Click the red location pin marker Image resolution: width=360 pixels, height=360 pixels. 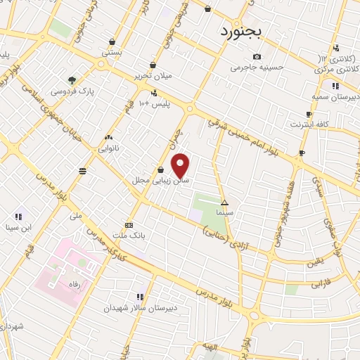[x=181, y=166]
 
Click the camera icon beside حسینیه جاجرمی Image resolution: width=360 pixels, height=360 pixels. [x=257, y=56]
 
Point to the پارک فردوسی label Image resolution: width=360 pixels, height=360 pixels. [x=72, y=91]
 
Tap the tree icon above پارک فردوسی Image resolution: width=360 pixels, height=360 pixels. [x=72, y=79]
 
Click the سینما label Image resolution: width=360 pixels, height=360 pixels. [x=225, y=212]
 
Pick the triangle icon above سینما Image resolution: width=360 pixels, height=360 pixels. [x=225, y=202]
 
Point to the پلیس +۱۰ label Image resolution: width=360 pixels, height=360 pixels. [x=153, y=104]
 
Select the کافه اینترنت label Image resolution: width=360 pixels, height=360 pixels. [x=309, y=124]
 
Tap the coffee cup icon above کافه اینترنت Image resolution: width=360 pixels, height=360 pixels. [x=309, y=114]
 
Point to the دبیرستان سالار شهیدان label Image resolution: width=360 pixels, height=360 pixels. [x=138, y=308]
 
